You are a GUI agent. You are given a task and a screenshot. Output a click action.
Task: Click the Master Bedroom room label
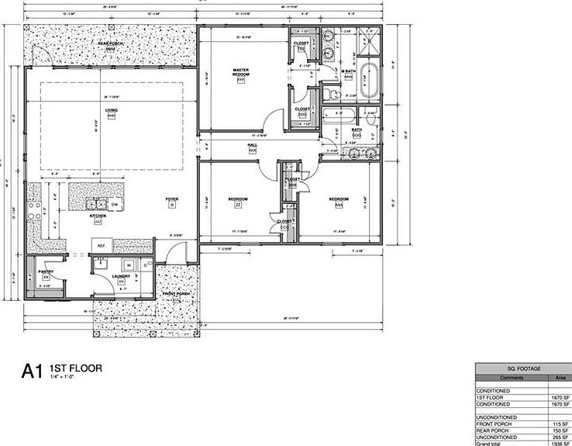(240, 72)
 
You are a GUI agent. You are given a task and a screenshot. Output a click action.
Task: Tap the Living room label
(111, 111)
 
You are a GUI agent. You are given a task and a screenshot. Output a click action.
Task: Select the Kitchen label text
(98, 216)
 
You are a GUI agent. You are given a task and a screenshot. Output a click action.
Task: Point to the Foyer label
(172, 199)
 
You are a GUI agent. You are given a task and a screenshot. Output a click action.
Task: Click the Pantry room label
(46, 271)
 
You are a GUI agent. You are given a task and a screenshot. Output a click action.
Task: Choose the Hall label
(252, 145)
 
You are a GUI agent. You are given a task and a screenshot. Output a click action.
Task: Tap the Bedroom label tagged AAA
(339, 199)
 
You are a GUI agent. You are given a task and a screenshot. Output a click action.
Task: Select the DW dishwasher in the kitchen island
(114, 204)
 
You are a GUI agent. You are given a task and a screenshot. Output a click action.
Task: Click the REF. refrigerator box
(101, 245)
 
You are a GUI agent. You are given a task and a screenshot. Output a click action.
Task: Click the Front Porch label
(176, 294)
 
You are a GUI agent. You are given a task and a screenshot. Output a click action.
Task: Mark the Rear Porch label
(106, 45)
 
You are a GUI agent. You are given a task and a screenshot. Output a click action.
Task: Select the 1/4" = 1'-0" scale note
(60, 376)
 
